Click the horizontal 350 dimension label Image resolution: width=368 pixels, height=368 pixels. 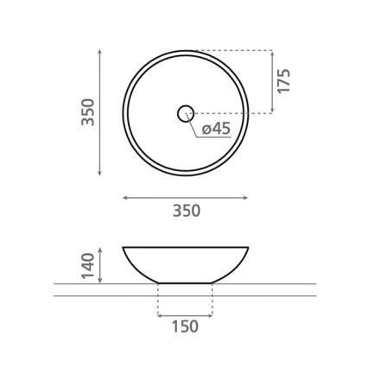pyautogui.click(x=186, y=210)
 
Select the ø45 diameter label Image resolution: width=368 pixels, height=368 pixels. pyautogui.click(x=216, y=130)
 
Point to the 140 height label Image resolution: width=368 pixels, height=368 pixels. pyautogui.click(x=86, y=264)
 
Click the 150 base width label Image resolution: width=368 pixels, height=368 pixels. pyautogui.click(x=185, y=326)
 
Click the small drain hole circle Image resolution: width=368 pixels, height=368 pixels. pyautogui.click(x=186, y=112)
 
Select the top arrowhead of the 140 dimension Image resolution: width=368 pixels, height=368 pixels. pyautogui.click(x=103, y=249)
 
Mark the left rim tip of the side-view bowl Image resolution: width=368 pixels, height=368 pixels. pyautogui.click(x=124, y=248)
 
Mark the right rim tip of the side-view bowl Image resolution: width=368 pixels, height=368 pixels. pyautogui.click(x=249, y=248)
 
